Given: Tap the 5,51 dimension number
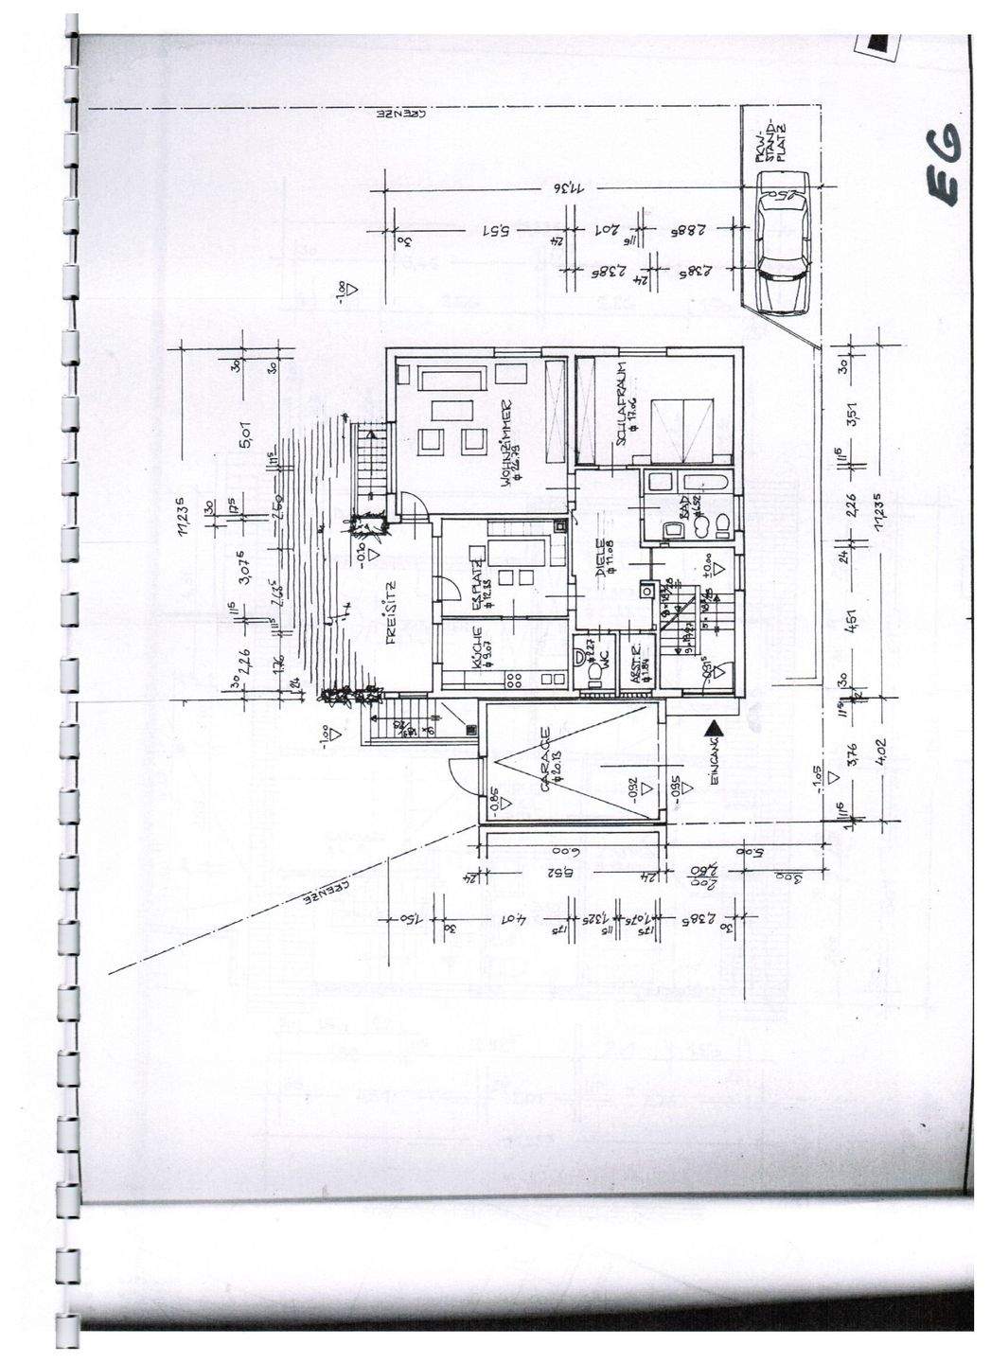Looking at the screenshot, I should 497,230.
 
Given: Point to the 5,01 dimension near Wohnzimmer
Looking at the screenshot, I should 245,438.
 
